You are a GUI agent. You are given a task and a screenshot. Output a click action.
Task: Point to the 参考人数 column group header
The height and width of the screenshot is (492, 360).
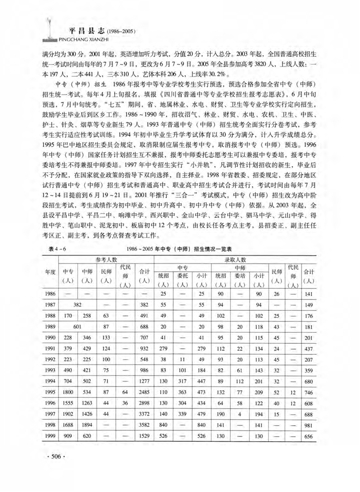tap(107, 259)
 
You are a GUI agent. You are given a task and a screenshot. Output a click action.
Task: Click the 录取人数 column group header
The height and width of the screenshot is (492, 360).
tap(235, 259)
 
